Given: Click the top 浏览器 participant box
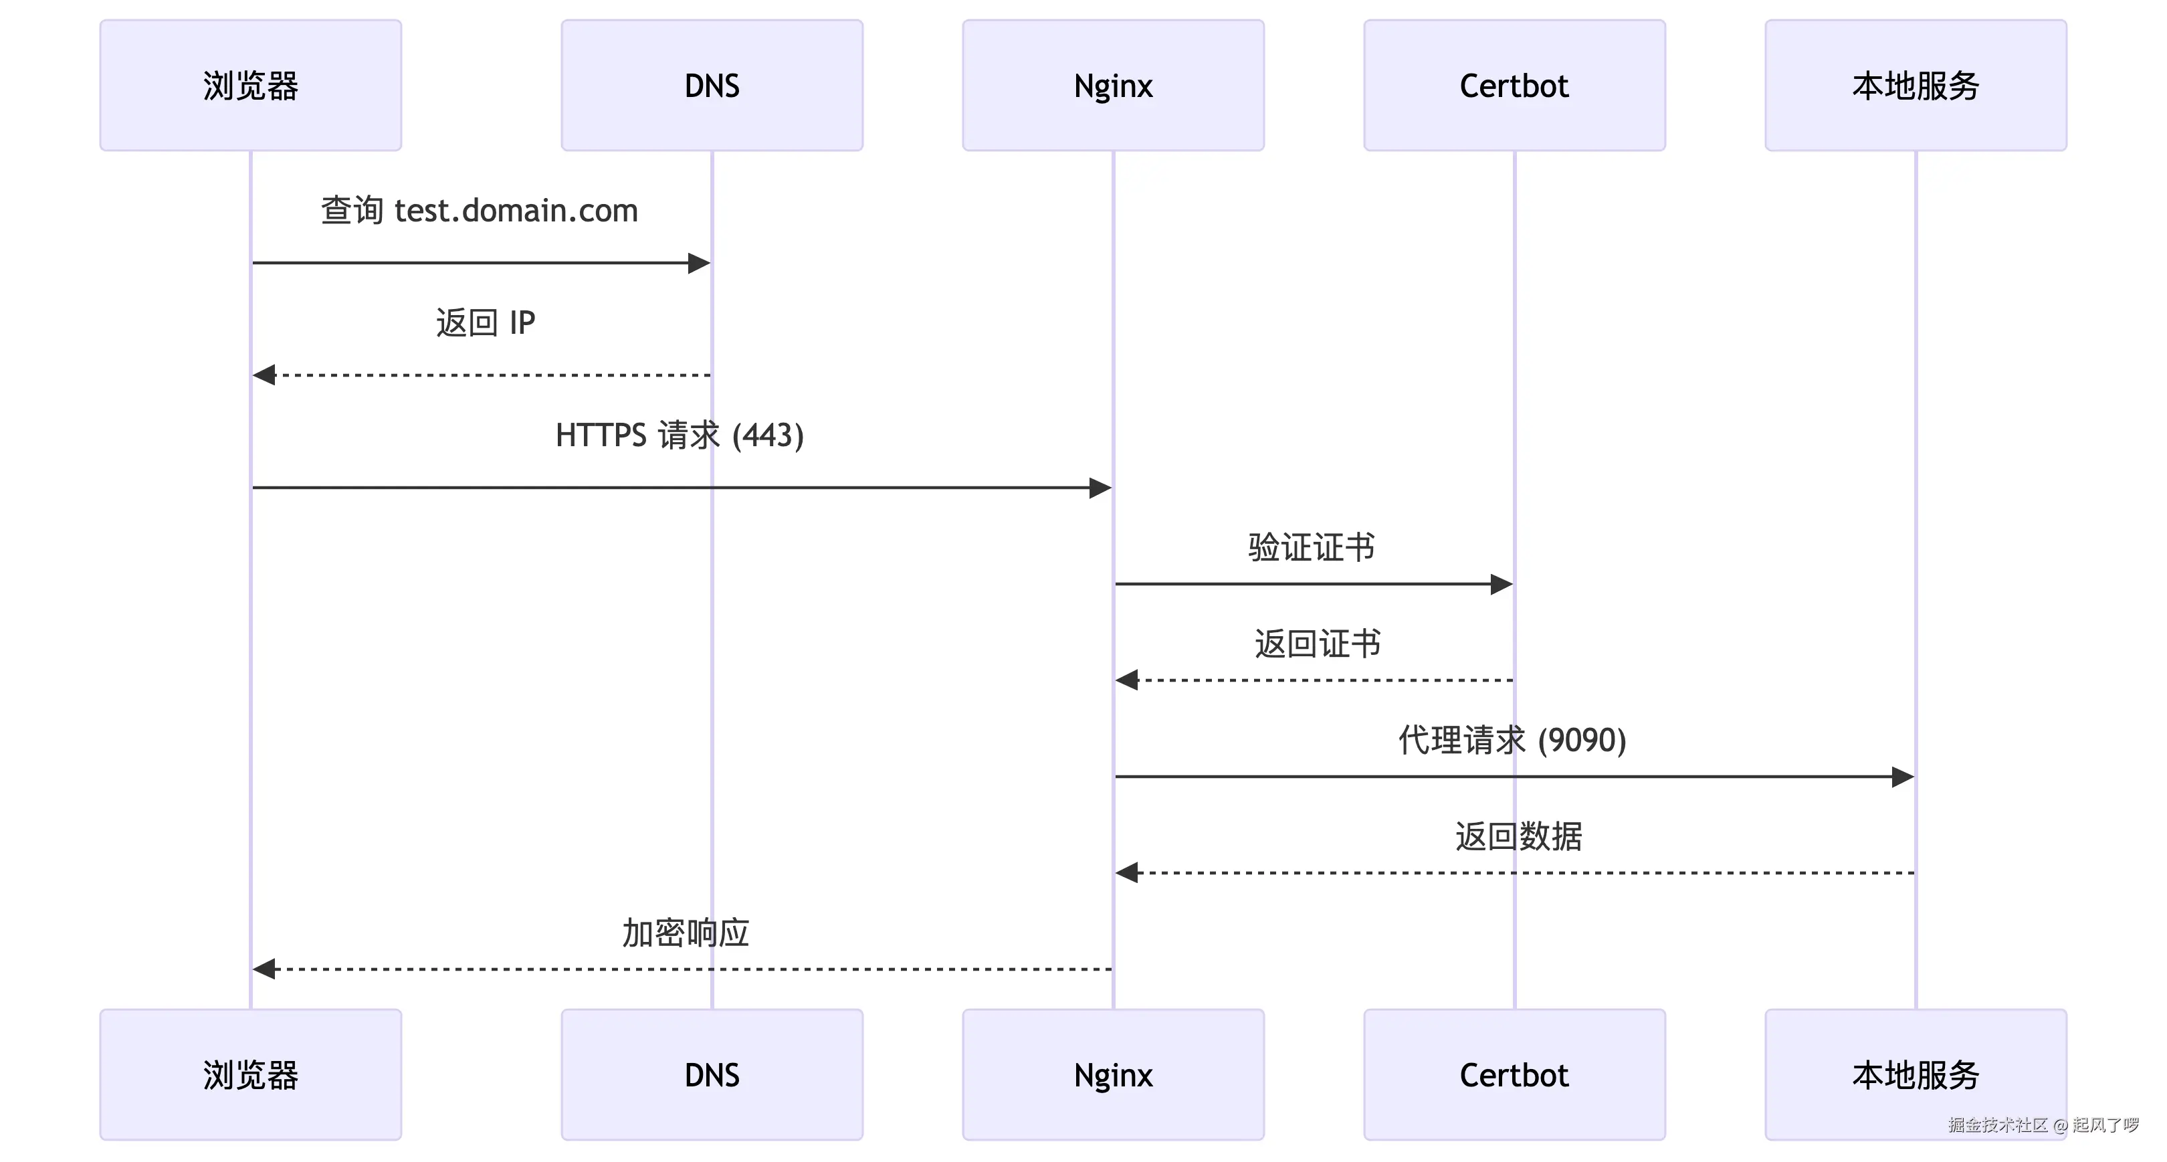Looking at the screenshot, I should [251, 85].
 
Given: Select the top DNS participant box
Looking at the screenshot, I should [712, 85].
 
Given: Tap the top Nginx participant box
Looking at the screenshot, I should [1113, 85].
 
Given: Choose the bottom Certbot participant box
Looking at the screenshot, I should [1514, 1074].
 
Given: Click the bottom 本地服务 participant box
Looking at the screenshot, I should [1916, 1074].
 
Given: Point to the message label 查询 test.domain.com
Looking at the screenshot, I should [480, 210].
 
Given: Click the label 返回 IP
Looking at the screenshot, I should [486, 322].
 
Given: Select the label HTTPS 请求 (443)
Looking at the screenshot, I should [680, 435].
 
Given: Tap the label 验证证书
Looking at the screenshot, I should [1312, 547].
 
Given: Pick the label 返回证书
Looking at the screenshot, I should [1318, 644].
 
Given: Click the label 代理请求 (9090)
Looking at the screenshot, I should [1512, 741].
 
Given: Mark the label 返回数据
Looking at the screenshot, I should [1518, 836].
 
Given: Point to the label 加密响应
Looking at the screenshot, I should [686, 933].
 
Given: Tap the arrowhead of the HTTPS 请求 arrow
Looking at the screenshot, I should [1100, 487].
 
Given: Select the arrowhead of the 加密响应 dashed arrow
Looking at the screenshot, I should [264, 969].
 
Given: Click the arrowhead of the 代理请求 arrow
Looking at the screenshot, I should [1903, 777].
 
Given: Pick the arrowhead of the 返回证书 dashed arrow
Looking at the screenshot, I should [1127, 680].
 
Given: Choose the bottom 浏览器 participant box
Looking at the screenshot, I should [251, 1074].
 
